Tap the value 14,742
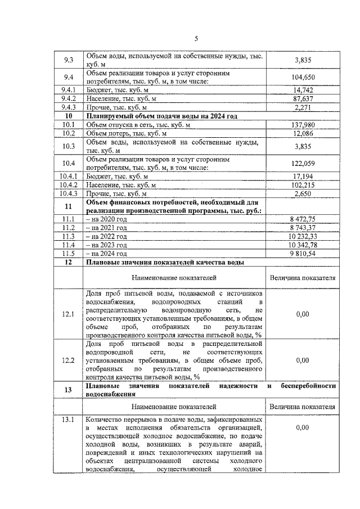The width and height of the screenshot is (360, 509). tap(303, 89)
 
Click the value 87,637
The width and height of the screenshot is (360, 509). tap(303, 98)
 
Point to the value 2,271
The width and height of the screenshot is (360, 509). tap(303, 107)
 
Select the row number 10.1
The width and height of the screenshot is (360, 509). tap(69, 124)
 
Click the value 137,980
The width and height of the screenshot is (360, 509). tap(303, 124)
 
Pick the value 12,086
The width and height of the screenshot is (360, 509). tap(303, 133)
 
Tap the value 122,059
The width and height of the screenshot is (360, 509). tap(303, 163)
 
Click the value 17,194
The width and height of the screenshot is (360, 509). tap(303, 176)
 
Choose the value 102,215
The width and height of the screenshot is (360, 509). tap(303, 184)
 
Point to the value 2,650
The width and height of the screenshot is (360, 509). tap(303, 193)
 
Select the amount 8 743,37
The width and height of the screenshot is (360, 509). tap(303, 227)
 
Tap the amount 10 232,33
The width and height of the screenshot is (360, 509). tap(303, 236)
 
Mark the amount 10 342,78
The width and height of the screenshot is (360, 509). tap(303, 245)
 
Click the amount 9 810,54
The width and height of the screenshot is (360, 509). tap(303, 254)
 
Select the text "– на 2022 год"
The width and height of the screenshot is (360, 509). tap(106, 236)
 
